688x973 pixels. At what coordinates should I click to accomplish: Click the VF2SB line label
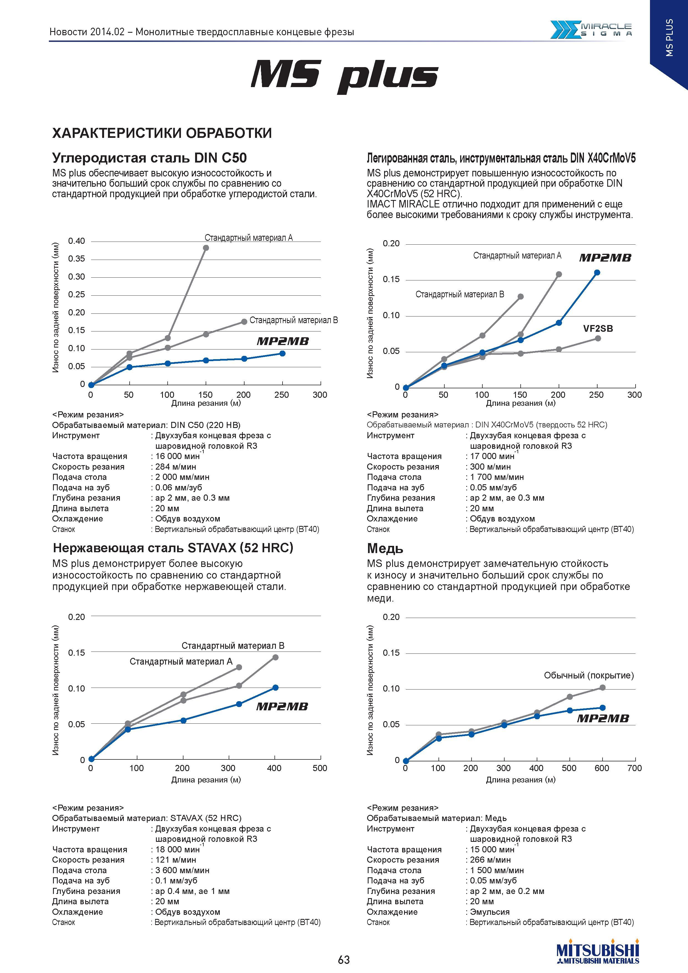point(598,328)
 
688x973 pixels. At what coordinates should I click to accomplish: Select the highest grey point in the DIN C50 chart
point(206,248)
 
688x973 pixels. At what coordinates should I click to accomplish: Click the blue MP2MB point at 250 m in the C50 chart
point(282,353)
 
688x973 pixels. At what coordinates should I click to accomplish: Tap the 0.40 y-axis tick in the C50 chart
point(77,241)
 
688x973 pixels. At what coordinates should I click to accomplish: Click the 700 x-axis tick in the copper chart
point(635,768)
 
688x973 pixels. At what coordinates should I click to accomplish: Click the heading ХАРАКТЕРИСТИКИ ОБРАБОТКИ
point(162,133)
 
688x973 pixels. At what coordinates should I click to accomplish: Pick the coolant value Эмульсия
point(490,912)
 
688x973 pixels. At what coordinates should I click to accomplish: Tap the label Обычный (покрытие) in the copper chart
point(589,675)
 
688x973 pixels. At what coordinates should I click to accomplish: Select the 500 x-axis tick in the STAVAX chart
point(320,768)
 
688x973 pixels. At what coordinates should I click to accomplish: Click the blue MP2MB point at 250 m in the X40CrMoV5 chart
point(597,272)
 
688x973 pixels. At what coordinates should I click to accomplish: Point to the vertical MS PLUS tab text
point(669,37)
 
